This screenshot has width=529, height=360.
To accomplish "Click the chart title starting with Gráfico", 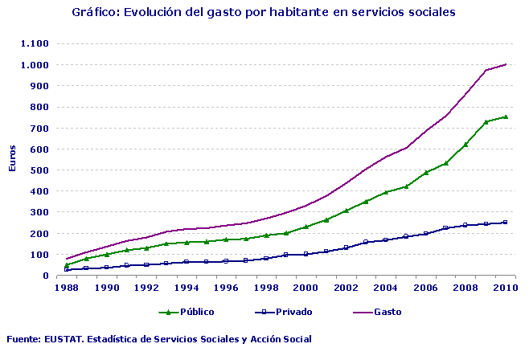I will click(x=264, y=12).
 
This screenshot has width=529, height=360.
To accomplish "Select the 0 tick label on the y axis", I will click(x=46, y=276).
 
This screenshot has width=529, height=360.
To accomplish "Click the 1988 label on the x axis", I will click(x=67, y=287).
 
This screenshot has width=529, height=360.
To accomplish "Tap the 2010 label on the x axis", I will click(x=505, y=287).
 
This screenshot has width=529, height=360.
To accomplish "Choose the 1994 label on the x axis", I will click(x=187, y=287).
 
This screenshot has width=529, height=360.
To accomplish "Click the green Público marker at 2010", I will click(x=506, y=117).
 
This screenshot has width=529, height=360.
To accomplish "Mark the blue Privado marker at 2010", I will click(x=506, y=223).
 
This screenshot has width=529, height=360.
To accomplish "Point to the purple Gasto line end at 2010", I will click(x=506, y=64).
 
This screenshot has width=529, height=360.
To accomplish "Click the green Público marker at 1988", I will click(x=67, y=264).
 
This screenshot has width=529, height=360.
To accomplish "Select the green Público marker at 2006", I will click(x=426, y=172).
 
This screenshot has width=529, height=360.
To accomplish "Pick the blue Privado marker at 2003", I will click(x=366, y=242).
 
